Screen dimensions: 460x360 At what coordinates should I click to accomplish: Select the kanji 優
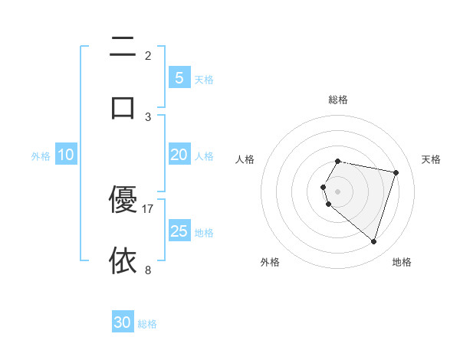(123, 199)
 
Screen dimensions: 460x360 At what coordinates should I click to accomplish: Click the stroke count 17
(148, 208)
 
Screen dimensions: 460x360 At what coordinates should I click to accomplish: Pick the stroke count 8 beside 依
(148, 270)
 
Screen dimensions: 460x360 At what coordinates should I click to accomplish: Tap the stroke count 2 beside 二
(148, 55)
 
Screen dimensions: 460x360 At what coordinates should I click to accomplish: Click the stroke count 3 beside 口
(148, 116)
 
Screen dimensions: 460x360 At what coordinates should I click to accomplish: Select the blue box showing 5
(179, 77)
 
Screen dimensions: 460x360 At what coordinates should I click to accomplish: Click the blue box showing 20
(179, 155)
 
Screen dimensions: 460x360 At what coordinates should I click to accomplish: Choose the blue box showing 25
(179, 231)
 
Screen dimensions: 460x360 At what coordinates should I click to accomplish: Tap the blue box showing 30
(123, 322)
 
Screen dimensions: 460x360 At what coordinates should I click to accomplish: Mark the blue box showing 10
(66, 155)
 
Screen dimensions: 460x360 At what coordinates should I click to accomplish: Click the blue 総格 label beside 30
(147, 324)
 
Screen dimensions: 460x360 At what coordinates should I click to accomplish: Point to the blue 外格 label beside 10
(41, 156)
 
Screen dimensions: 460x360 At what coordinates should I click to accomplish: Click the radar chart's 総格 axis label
(338, 100)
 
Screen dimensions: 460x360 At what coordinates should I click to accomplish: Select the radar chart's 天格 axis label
(431, 159)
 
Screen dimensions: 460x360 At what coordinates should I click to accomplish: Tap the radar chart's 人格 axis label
(245, 159)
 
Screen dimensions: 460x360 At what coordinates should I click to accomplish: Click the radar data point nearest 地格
(373, 242)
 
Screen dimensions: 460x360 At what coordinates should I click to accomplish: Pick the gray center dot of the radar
(338, 191)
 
